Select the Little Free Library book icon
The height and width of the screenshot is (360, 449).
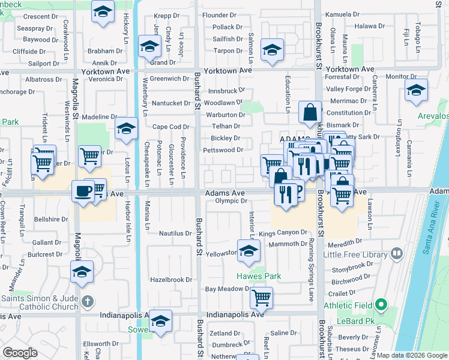(396, 254)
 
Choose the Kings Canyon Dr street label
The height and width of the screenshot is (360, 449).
(283, 232)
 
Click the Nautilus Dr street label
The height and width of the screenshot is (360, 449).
(175, 233)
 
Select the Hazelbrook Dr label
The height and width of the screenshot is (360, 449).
(171, 280)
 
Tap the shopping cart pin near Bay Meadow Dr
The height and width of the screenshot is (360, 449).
(261, 296)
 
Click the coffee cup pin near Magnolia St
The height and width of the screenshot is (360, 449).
(82, 191)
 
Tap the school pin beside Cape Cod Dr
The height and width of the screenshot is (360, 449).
(126, 128)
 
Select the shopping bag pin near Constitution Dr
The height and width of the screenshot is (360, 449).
(310, 112)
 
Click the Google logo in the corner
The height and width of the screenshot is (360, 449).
(20, 353)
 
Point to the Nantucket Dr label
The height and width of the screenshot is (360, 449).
(170, 103)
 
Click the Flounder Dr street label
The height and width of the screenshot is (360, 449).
(222, 15)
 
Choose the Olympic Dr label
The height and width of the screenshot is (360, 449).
(232, 201)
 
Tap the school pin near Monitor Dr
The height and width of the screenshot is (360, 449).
(416, 90)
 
